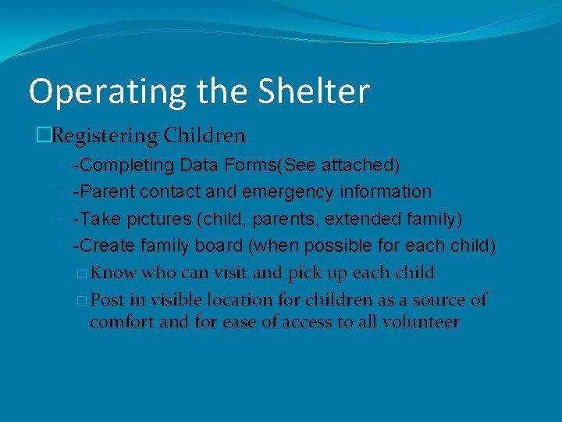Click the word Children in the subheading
click(x=205, y=135)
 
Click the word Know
click(x=114, y=273)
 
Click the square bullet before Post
click(x=83, y=300)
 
